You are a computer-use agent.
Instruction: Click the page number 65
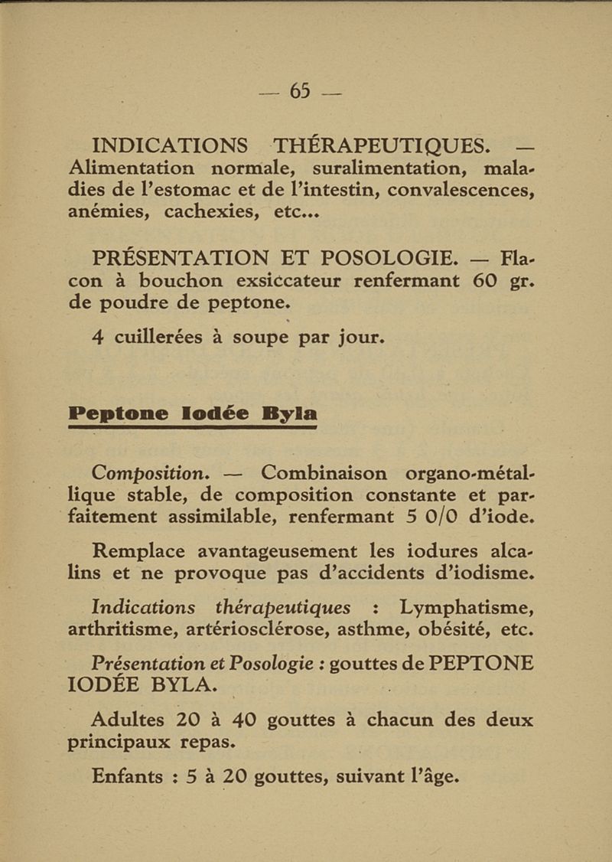[300, 91]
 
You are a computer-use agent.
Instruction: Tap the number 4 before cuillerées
[97, 337]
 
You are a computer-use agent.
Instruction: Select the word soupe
[260, 338]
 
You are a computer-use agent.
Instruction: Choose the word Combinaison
[324, 473]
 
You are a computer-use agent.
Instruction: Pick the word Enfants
[127, 776]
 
